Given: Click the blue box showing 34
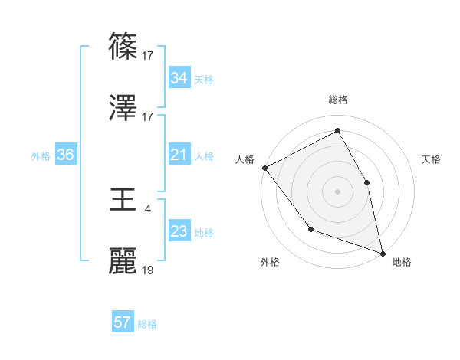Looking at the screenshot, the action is click(179, 77).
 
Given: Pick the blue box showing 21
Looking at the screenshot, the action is click(179, 155).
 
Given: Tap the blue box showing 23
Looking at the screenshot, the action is click(179, 231).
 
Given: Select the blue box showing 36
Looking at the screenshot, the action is click(65, 155).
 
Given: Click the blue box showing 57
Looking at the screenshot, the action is click(122, 322).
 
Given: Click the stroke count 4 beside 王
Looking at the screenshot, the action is click(148, 208).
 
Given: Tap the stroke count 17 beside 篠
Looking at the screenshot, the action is click(148, 55).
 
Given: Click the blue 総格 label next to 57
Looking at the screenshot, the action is click(147, 324).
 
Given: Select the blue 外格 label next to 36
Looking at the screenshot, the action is click(41, 155).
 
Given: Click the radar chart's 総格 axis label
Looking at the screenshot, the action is click(338, 100).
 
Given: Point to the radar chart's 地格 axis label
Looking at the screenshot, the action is click(402, 262).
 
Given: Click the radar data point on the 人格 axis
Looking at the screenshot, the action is click(264, 168).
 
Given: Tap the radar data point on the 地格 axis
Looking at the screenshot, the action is click(383, 253).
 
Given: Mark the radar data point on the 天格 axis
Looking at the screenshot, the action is click(366, 182).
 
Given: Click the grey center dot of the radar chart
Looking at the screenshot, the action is click(338, 191).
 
